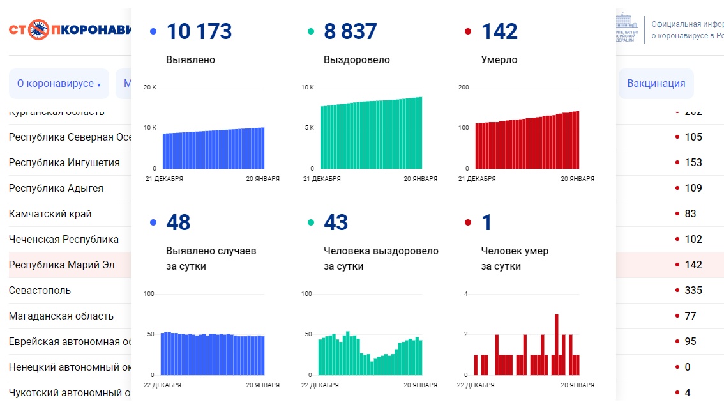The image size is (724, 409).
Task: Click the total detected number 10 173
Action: point(199,31)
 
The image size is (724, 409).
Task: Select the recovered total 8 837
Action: point(350,31)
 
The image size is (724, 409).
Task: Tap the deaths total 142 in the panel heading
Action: point(499,31)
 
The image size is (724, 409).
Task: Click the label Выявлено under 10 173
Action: point(190,60)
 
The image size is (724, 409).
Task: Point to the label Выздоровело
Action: point(356,60)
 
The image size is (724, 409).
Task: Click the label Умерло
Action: point(499,60)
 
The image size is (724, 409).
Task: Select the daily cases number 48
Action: point(178,222)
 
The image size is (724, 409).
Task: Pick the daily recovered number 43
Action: point(336,222)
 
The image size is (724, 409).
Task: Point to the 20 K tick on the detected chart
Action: point(149,88)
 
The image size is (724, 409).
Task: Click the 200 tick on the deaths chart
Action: point(464,88)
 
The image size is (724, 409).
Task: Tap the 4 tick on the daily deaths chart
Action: point(465,294)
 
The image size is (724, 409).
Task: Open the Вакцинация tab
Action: point(656,84)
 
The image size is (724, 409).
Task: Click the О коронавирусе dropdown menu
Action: point(59,84)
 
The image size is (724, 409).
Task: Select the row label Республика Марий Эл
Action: point(61,265)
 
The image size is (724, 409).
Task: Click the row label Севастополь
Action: point(40,290)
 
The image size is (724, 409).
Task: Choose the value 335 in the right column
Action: point(693,290)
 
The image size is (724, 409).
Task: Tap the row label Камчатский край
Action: point(50,213)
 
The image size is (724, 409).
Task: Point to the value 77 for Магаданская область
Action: point(690,316)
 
